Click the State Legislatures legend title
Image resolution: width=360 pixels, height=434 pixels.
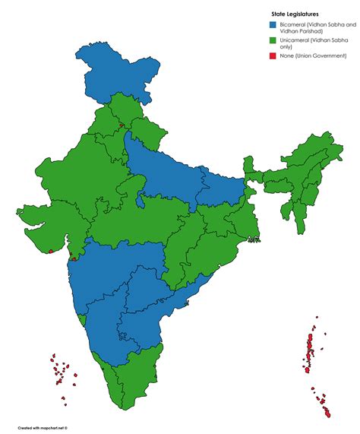(297, 14)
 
